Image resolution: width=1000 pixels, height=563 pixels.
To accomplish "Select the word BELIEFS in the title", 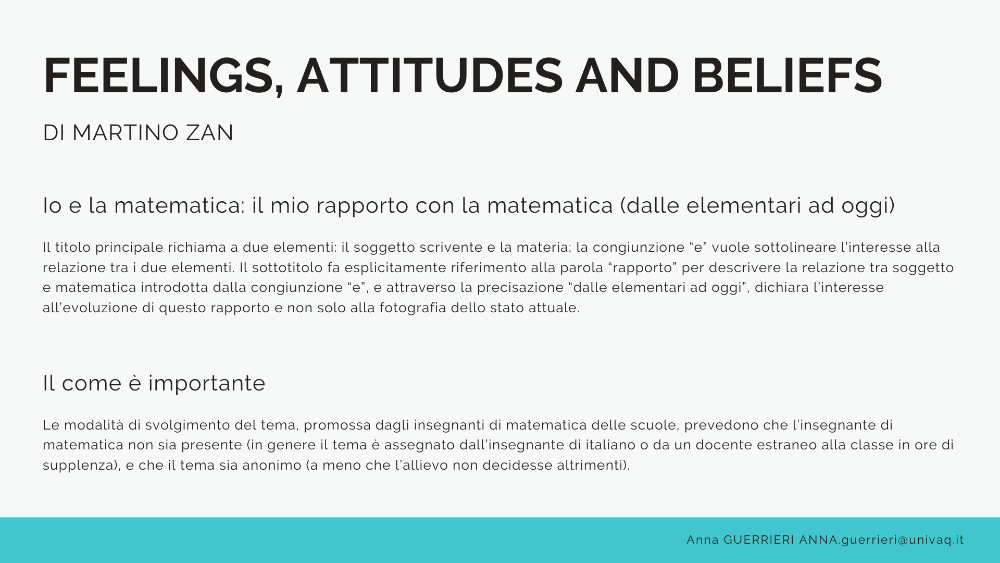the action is tap(787, 76).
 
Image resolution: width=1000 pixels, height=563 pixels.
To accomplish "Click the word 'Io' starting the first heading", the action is tap(52, 205).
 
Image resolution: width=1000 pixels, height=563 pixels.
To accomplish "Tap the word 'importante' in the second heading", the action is tap(207, 384).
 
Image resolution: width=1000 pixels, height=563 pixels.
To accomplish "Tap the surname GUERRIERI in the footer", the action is tap(759, 540).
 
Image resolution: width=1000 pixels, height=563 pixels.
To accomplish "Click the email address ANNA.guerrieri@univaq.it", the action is tap(882, 540).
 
